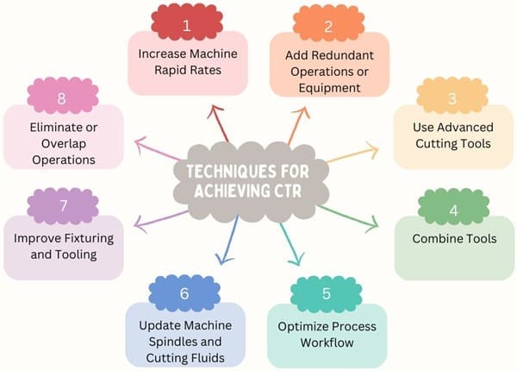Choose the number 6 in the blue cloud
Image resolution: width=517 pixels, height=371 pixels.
pyautogui.click(x=184, y=294)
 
